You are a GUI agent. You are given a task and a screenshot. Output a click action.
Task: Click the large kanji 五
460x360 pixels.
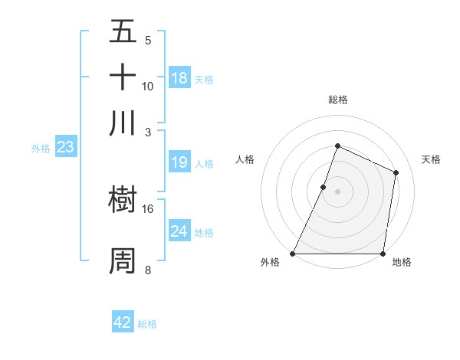coord(123,33)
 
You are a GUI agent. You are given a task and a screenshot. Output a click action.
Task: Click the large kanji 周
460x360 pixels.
coord(123,261)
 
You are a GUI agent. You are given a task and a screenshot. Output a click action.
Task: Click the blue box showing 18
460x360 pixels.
coord(179,78)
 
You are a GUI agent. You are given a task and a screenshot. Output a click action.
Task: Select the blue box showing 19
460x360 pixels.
coord(179,162)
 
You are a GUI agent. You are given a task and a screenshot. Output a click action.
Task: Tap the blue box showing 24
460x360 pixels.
coord(179,231)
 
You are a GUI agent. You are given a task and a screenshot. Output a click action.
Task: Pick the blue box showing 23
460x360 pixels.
coord(65,148)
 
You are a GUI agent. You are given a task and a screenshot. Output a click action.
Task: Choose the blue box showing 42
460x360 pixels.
coord(123,322)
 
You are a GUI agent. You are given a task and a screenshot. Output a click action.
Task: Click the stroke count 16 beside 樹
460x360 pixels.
coord(148,208)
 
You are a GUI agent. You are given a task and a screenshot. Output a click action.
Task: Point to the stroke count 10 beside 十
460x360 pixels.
coord(148,86)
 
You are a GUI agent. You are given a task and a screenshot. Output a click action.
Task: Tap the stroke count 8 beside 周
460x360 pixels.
coord(148,269)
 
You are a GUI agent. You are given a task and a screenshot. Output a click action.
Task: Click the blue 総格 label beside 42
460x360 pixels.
coord(147,324)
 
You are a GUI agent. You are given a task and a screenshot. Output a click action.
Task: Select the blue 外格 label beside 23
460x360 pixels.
coord(40,149)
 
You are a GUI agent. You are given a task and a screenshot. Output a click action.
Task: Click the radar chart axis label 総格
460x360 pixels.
coord(337,100)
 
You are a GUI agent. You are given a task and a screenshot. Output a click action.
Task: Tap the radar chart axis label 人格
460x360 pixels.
coord(245,159)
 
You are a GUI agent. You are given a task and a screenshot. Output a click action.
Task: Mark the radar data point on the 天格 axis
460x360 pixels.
coord(396,172)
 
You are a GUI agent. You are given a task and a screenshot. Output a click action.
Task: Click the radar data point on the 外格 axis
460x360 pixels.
coord(293,254)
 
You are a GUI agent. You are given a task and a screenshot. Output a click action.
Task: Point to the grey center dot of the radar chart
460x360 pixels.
coord(337,191)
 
